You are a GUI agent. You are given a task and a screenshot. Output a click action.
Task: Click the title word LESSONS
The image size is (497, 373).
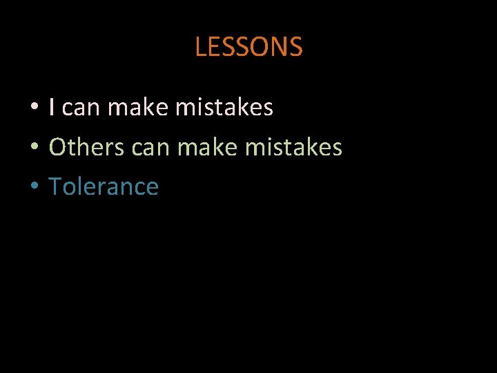248,47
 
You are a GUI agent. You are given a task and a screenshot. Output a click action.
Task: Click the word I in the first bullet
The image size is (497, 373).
52,107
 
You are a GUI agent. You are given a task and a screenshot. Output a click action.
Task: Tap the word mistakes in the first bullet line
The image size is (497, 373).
224,107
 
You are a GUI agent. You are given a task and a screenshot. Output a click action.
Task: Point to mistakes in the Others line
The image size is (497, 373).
293,147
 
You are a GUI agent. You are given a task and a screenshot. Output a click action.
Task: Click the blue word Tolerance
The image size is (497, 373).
104,186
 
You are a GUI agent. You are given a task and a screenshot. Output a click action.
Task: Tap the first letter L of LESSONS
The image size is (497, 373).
201,47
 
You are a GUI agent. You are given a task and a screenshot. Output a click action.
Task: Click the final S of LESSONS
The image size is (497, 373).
296,47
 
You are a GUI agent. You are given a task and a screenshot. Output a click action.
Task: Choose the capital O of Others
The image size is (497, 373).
59,147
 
